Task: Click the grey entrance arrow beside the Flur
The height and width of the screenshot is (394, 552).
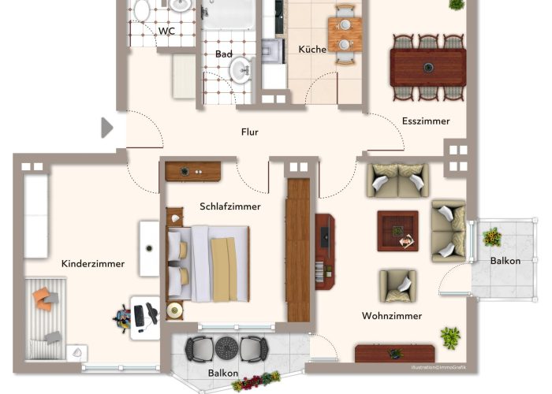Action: pyautogui.click(x=107, y=128)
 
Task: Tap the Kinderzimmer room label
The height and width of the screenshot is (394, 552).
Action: pyautogui.click(x=93, y=263)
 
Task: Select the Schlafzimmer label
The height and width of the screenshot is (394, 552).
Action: pyautogui.click(x=230, y=206)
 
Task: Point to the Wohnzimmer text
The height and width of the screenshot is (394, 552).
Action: pyautogui.click(x=392, y=315)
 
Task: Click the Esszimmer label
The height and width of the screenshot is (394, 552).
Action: pyautogui.click(x=426, y=121)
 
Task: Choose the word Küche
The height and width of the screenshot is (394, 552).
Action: pyautogui.click(x=312, y=49)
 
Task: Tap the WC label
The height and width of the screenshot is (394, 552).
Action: pyautogui.click(x=166, y=31)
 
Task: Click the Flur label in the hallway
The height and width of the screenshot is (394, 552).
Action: pyautogui.click(x=250, y=132)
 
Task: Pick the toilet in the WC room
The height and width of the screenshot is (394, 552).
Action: pyautogui.click(x=141, y=9)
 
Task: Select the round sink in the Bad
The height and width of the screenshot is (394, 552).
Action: pyautogui.click(x=241, y=70)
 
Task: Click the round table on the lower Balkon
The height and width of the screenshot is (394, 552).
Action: pyautogui.click(x=226, y=348)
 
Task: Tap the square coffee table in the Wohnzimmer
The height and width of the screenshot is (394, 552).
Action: pyautogui.click(x=397, y=231)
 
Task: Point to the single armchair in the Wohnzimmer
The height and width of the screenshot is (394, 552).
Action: pyautogui.click(x=397, y=286)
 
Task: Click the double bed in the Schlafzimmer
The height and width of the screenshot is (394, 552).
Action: pyautogui.click(x=208, y=264)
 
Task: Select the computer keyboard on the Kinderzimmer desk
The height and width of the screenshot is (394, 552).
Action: pyautogui.click(x=139, y=315)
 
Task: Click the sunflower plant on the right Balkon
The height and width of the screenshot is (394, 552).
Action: pyautogui.click(x=492, y=236)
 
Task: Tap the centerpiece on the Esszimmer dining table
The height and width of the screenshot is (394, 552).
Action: pyautogui.click(x=428, y=67)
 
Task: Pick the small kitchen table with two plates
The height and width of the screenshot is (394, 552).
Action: pyautogui.click(x=345, y=35)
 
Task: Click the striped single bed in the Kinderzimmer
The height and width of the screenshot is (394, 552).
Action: pyautogui.click(x=46, y=318)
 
